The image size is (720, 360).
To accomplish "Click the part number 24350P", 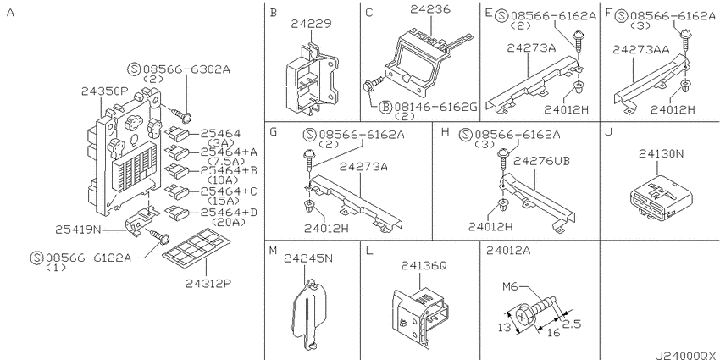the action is [x=104, y=91].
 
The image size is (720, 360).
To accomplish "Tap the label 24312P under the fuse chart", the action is [x=208, y=284].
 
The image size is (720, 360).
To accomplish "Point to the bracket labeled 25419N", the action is [x=141, y=220].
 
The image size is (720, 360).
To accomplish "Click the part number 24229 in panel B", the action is [x=311, y=24].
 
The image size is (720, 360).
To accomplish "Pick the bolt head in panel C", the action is [x=368, y=86].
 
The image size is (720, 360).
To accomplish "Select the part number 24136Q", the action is [x=424, y=266].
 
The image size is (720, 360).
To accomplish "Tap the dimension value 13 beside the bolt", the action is [x=505, y=328].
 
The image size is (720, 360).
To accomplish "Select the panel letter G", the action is [x=274, y=132].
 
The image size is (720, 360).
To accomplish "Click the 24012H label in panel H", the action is [x=490, y=226].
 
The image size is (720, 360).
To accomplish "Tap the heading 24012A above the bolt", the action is [x=508, y=250].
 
